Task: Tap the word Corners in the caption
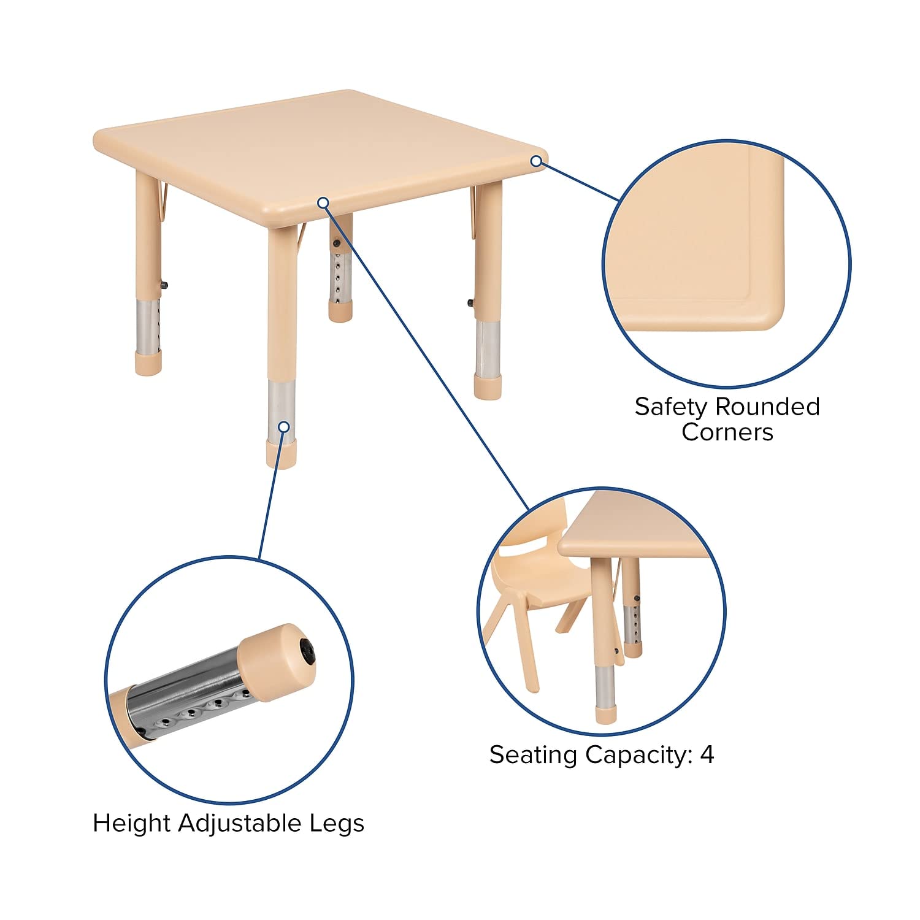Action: click(727, 432)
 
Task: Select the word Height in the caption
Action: click(131, 823)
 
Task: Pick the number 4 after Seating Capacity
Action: click(707, 755)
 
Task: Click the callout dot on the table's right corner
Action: click(537, 161)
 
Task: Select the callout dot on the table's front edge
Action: click(323, 202)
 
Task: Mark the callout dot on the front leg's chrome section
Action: click(283, 426)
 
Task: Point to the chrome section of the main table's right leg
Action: click(488, 347)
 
